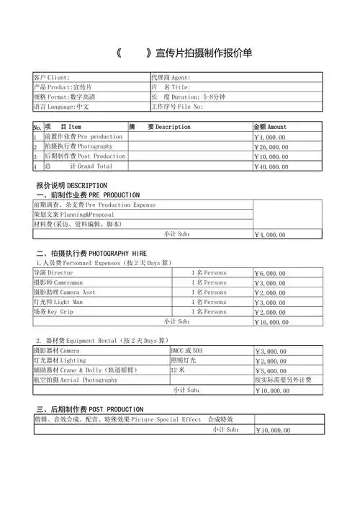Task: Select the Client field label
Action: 52,77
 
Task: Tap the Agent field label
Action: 171,77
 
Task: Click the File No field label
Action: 177,107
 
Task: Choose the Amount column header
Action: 270,127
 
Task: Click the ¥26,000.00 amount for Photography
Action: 271,147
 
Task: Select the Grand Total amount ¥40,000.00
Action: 271,166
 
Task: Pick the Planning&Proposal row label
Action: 74,215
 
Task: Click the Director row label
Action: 53,274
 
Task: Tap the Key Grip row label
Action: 54,312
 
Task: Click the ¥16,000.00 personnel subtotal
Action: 271,322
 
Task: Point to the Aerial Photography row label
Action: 76,380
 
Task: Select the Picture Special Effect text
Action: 166,419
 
